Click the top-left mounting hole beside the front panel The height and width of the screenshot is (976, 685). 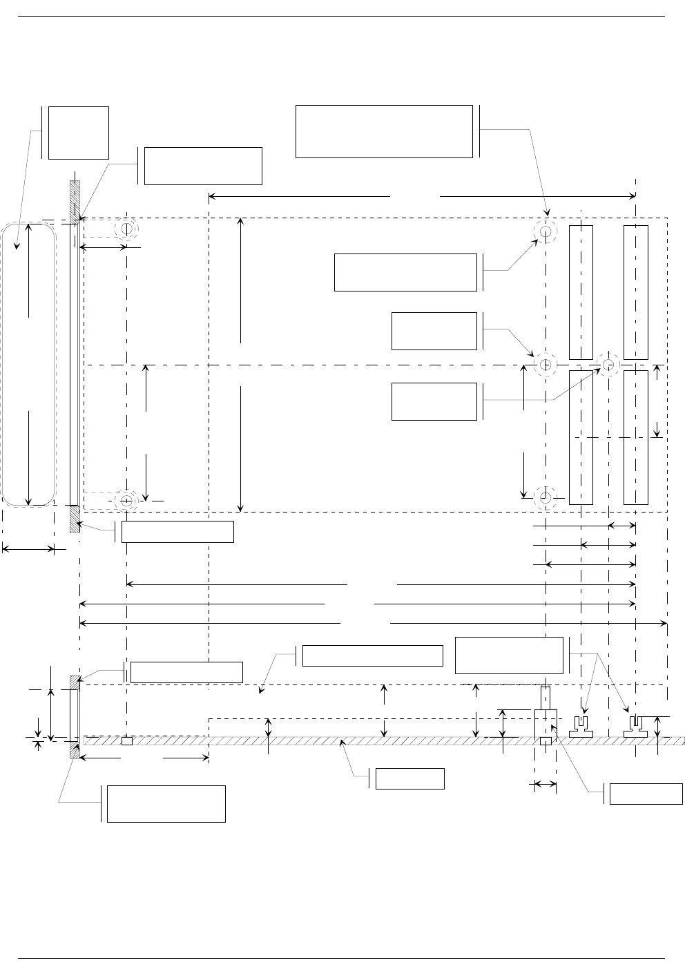click(127, 229)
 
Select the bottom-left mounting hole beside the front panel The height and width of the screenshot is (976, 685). click(127, 499)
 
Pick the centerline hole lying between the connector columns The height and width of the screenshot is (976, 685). click(608, 364)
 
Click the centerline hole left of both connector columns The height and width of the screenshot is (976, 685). click(546, 364)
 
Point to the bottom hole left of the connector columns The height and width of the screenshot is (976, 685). click(546, 497)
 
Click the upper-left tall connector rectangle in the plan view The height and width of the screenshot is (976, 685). click(581, 292)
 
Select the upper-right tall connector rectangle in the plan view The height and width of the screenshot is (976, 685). click(635, 292)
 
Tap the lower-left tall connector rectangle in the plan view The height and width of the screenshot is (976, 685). click(581, 437)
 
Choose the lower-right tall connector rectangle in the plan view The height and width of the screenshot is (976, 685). click(635, 437)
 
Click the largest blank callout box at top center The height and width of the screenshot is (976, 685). click(384, 131)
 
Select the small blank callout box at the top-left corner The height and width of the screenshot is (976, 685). click(79, 133)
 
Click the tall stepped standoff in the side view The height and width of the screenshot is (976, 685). click(546, 718)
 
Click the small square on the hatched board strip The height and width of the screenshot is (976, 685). click(127, 741)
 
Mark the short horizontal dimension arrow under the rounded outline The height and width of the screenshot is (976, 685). click(28, 550)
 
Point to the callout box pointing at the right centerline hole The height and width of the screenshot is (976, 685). click(434, 401)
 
